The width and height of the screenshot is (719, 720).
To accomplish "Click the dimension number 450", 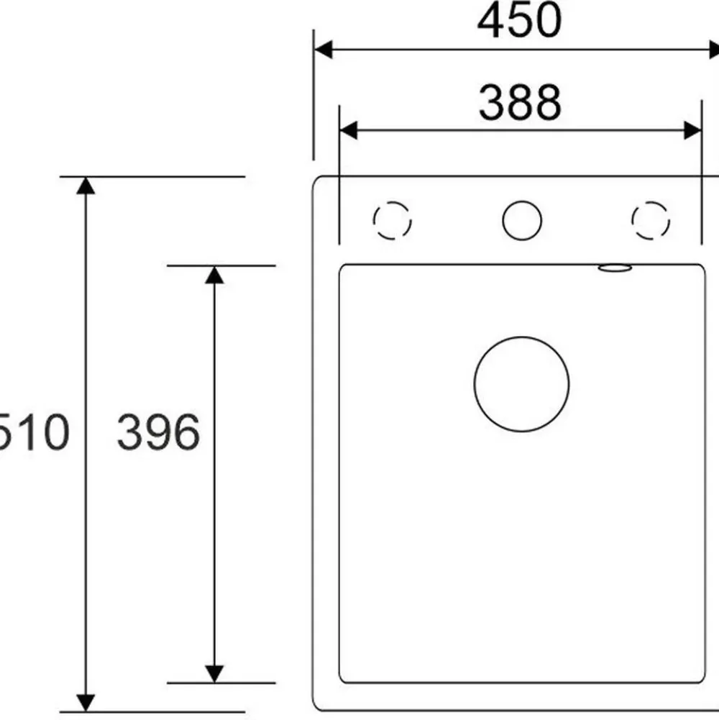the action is [x=519, y=21].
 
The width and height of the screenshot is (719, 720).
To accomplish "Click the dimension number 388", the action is [x=520, y=102].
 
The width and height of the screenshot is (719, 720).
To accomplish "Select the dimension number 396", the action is [x=158, y=432].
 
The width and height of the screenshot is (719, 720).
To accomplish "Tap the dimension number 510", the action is [x=34, y=432].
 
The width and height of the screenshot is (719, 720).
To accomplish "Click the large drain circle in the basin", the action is [x=521, y=337].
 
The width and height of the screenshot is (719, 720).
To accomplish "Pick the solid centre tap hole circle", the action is [x=522, y=201].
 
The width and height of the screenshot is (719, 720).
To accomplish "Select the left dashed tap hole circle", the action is [x=392, y=201].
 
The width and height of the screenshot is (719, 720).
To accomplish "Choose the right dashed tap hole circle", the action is [x=651, y=201].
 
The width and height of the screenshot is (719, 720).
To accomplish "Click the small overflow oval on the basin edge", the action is [x=615, y=268].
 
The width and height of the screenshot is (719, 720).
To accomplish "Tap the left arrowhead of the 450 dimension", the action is [x=323, y=50].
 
